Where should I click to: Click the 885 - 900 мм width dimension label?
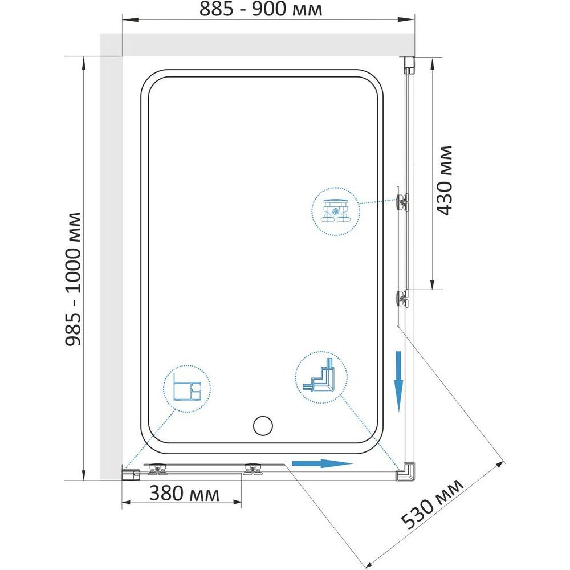(x=260, y=9)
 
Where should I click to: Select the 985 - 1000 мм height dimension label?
(x=73, y=279)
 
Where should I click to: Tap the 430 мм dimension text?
(x=445, y=181)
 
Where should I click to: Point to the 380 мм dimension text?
(x=184, y=494)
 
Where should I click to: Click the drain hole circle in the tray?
(x=263, y=426)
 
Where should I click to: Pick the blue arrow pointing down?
(x=399, y=382)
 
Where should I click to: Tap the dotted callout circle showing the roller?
(x=336, y=211)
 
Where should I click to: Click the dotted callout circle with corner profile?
(x=321, y=378)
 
